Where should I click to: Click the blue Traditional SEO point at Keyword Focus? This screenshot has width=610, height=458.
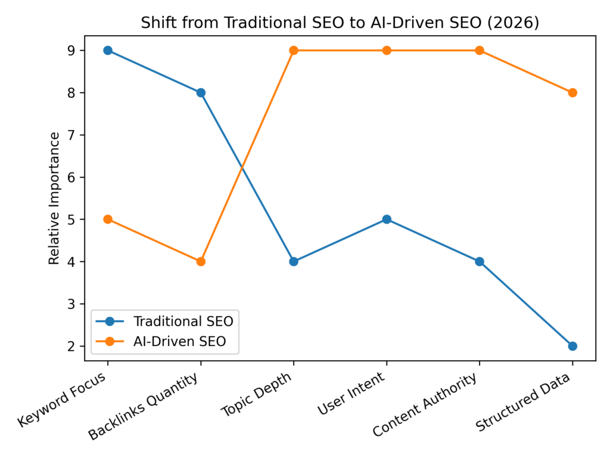tap(108, 50)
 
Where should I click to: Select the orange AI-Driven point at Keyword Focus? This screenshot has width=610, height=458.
tap(108, 219)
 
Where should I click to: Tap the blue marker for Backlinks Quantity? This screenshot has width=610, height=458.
tap(201, 92)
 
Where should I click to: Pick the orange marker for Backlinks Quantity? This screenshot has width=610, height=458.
tap(201, 261)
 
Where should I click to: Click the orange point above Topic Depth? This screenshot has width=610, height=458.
tap(294, 50)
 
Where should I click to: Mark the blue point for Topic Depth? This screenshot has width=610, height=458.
tap(294, 261)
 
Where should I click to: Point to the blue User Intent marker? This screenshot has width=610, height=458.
tap(387, 219)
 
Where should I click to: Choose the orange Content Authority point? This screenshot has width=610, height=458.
tap(480, 50)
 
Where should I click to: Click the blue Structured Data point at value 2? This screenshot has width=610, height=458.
tap(572, 346)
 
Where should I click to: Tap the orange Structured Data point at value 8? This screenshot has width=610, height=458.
tap(572, 92)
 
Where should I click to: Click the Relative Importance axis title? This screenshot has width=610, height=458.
tap(54, 199)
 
